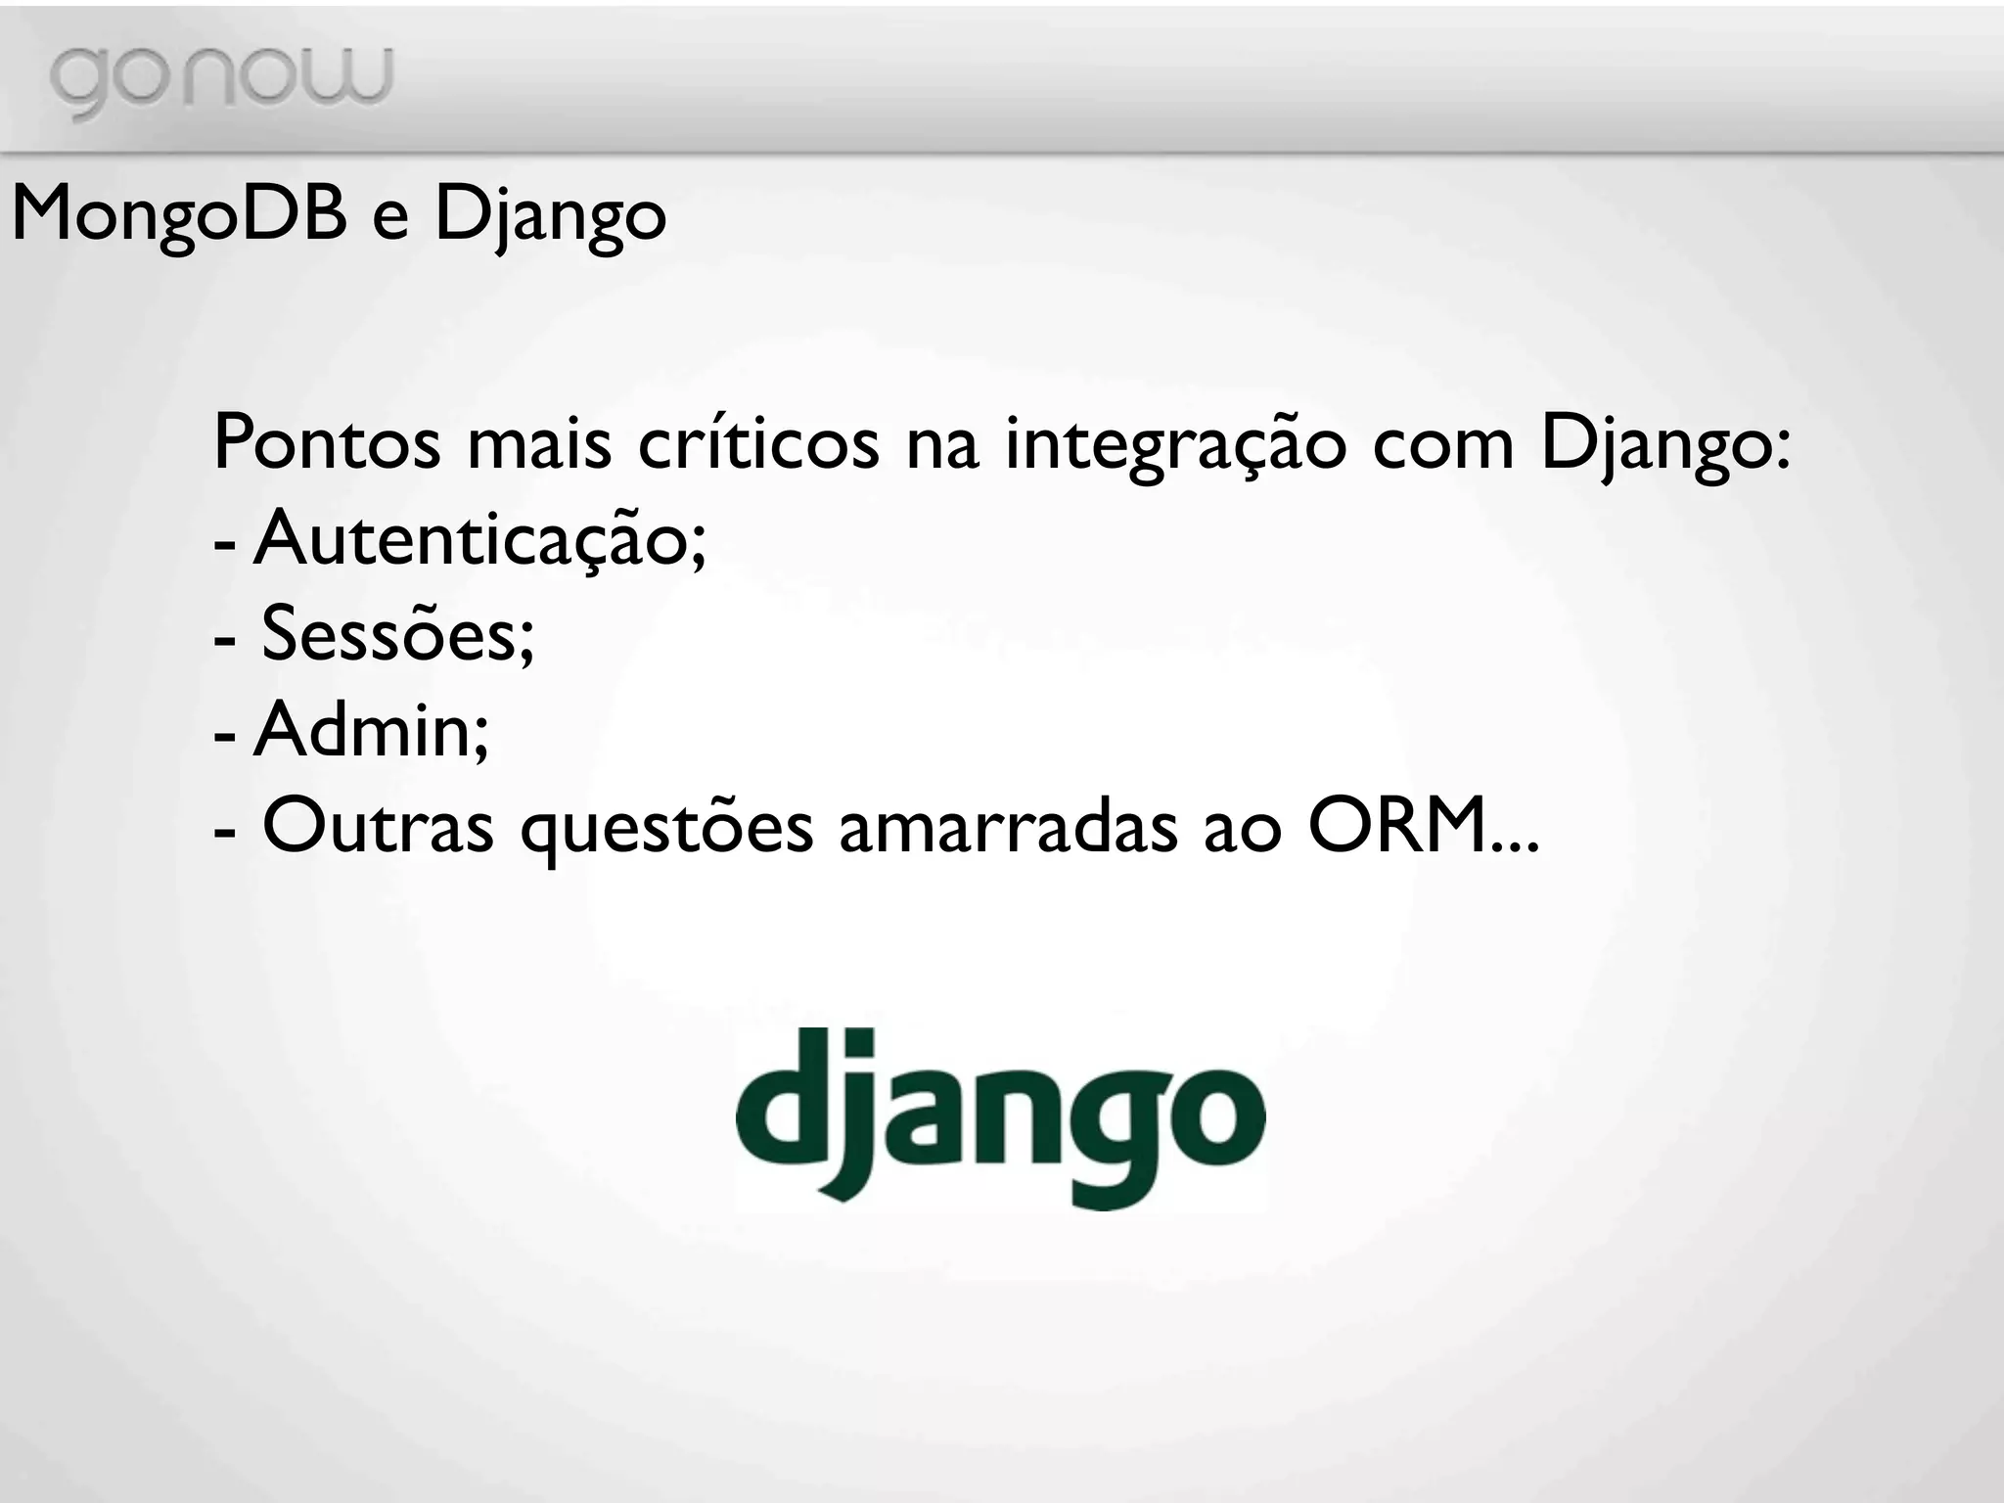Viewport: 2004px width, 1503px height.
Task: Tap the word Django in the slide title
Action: point(550,217)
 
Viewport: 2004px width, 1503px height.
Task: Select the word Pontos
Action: point(327,444)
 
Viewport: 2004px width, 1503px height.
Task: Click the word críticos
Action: point(757,444)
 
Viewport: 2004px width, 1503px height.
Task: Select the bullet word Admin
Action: point(371,730)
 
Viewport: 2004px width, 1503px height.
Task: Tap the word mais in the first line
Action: point(539,444)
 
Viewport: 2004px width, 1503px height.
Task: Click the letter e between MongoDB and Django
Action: point(389,217)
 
